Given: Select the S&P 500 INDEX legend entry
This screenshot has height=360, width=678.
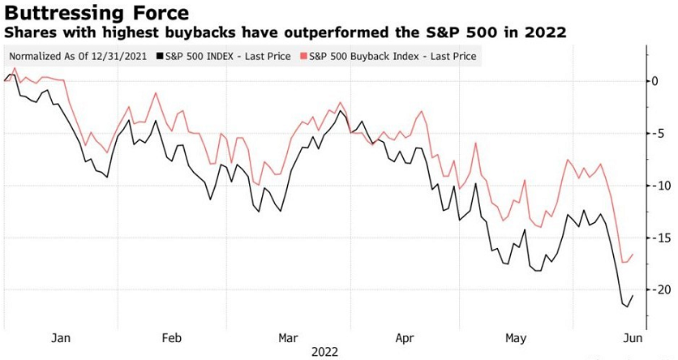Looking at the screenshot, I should pos(229,56).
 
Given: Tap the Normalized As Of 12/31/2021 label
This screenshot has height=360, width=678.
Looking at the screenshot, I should pos(79,56).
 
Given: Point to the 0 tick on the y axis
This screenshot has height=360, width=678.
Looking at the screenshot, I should pos(657,81).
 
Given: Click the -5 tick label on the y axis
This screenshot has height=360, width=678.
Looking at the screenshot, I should pos(658,133).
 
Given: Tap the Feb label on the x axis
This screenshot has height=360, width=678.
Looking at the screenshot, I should pos(172,337).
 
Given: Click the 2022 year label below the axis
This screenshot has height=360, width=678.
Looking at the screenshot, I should pos(323,352).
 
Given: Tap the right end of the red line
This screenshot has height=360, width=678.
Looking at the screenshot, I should pos(633,255).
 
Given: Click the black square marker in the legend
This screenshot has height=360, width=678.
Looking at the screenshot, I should pos(160,56).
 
